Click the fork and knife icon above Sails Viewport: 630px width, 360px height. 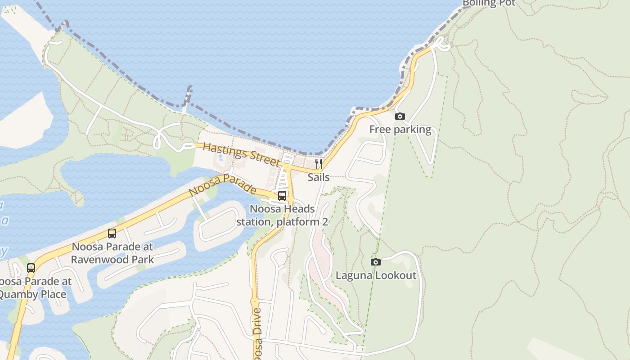click(x=318, y=163)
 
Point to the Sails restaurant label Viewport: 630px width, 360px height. click(x=318, y=177)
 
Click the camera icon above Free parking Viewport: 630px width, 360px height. click(x=400, y=117)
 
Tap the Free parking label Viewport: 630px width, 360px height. click(x=400, y=130)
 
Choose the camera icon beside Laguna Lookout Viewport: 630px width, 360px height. click(x=375, y=262)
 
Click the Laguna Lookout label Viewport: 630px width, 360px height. click(x=376, y=275)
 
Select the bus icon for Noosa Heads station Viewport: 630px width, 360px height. click(x=282, y=195)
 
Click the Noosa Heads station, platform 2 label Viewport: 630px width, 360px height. click(x=282, y=216)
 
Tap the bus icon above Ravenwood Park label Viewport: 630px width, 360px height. click(x=112, y=234)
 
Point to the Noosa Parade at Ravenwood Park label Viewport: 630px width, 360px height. click(x=112, y=253)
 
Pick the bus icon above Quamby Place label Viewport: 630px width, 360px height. click(x=31, y=268)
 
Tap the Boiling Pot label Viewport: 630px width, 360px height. click(x=489, y=3)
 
